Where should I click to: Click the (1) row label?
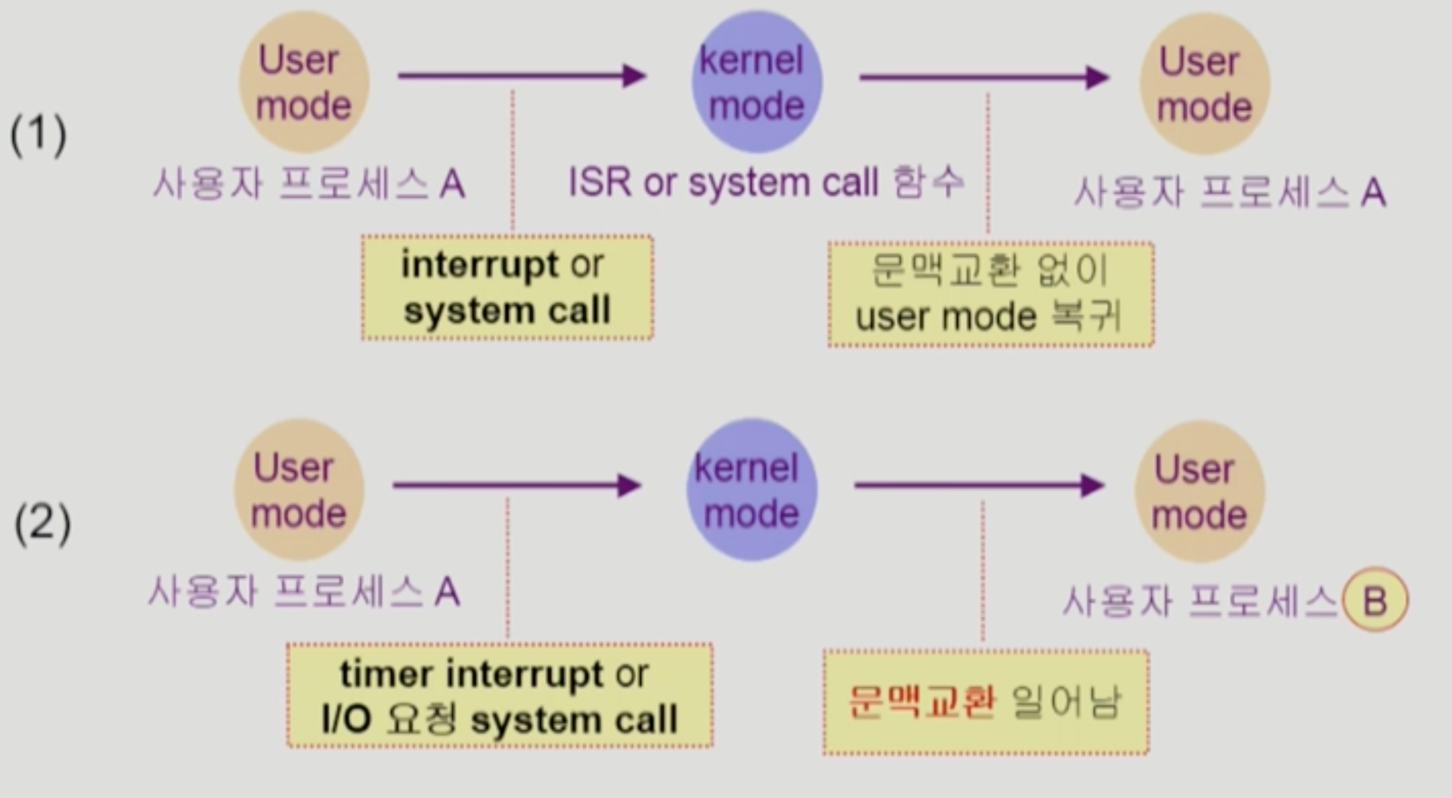38,135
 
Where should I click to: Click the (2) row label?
42,524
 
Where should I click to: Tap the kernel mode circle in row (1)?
757,82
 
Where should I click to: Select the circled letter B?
1375,600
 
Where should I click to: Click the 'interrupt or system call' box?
507,288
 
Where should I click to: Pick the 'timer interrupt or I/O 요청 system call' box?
499,695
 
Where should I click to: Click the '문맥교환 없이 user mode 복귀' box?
990,294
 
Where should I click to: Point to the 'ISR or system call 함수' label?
766,182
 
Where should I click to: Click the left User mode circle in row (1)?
304,82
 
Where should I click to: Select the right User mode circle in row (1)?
1205,84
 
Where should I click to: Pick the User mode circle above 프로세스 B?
1200,491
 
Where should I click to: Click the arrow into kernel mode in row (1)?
522,76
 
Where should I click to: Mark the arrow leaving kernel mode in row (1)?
983,77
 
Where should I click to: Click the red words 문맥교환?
922,702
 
